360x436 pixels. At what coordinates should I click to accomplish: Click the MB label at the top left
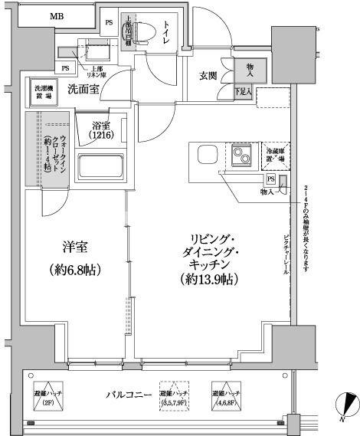(57, 15)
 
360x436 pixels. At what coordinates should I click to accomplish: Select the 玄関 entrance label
(210, 75)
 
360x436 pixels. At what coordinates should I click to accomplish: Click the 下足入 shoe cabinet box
(244, 92)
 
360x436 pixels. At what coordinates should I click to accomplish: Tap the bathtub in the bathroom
(101, 164)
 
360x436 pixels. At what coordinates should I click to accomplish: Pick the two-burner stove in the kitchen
(243, 157)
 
